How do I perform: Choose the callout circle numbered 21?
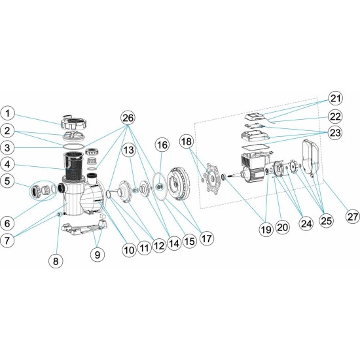coord(335,99)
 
